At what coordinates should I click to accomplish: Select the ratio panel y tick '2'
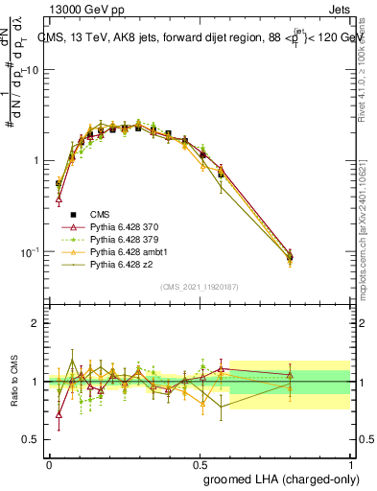[x=35, y=323]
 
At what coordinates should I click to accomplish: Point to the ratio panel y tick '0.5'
[x=32, y=439]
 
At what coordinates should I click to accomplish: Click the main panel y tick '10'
[x=33, y=70]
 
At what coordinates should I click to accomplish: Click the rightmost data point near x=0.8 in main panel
[x=291, y=256]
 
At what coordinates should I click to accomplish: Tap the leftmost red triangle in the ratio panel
[x=59, y=414]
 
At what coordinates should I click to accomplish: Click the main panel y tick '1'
[x=35, y=160]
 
